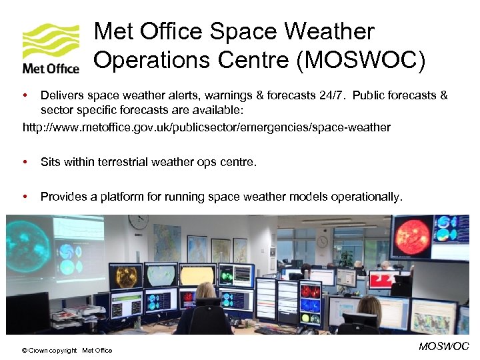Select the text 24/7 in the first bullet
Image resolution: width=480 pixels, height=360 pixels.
tap(331, 95)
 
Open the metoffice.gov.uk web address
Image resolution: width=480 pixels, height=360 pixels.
tap(207, 127)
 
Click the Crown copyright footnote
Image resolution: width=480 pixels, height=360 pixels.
tap(67, 351)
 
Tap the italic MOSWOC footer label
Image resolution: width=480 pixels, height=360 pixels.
tap(443, 346)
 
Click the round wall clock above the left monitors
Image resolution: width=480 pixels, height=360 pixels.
tap(138, 221)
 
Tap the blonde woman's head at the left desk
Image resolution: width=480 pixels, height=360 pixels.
tap(205, 291)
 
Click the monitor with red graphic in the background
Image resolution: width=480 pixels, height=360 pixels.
tap(382, 280)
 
